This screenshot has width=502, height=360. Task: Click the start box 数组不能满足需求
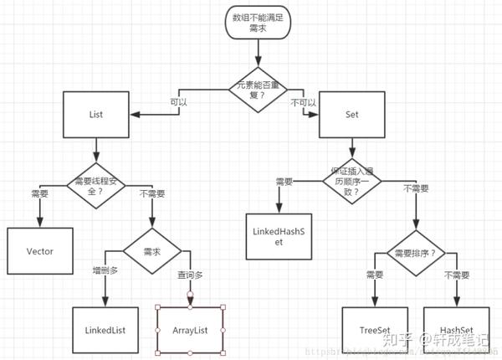point(257,23)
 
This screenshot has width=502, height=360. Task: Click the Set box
point(351,115)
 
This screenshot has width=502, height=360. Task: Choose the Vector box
point(40,250)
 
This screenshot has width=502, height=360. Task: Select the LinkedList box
point(105,331)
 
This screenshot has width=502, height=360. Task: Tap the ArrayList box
point(190,331)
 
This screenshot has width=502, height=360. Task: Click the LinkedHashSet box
point(280,234)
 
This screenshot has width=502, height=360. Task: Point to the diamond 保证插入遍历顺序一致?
point(351,179)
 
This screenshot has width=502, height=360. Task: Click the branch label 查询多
point(188,274)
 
